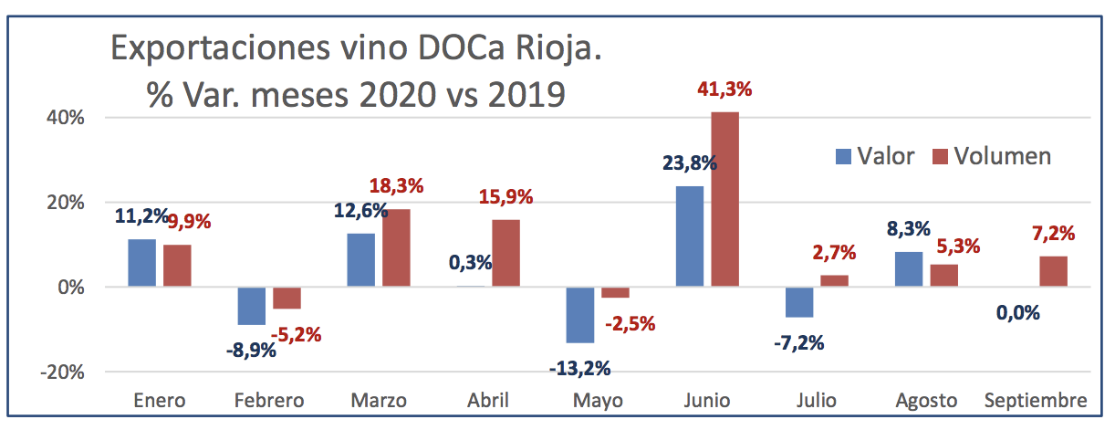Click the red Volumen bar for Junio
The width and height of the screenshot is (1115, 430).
click(x=725, y=199)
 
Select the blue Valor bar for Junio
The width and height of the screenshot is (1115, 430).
click(x=689, y=236)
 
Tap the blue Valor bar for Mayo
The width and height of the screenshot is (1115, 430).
click(x=579, y=315)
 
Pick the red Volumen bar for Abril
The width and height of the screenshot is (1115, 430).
click(x=506, y=253)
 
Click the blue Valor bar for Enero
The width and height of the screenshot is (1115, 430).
click(x=141, y=263)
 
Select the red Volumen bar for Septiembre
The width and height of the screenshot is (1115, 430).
click(x=1053, y=271)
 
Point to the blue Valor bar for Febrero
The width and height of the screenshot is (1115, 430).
click(x=251, y=306)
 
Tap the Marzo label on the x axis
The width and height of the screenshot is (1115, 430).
click(x=378, y=401)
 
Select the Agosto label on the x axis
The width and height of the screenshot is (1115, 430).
click(x=926, y=401)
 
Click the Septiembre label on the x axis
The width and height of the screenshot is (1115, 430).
click(x=1036, y=401)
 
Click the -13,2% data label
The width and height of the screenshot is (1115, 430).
click(x=580, y=370)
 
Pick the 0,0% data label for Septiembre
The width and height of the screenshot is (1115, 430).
click(x=1016, y=312)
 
